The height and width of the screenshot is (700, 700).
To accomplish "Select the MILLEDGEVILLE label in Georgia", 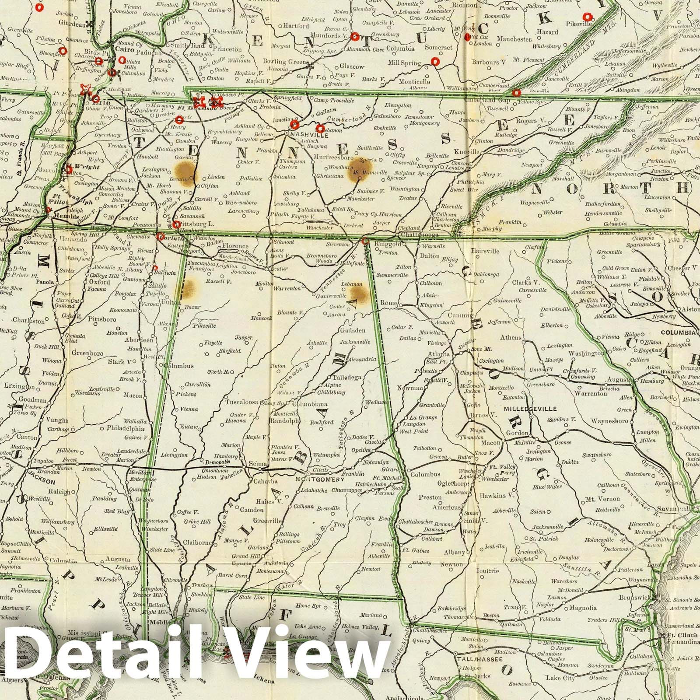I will (530, 409).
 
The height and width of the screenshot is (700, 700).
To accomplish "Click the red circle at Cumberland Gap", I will (517, 93).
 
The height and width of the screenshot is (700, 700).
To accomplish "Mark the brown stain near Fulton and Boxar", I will (189, 290).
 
